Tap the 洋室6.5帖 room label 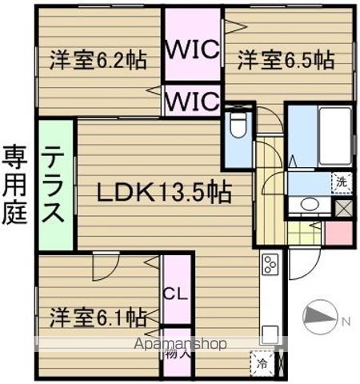pyautogui.click(x=284, y=58)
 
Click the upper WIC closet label pyautogui.click(x=192, y=50)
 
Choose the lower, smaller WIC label pyautogui.click(x=192, y=102)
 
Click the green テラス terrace pyautogui.click(x=54, y=185)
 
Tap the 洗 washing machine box pyautogui.click(x=342, y=182)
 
